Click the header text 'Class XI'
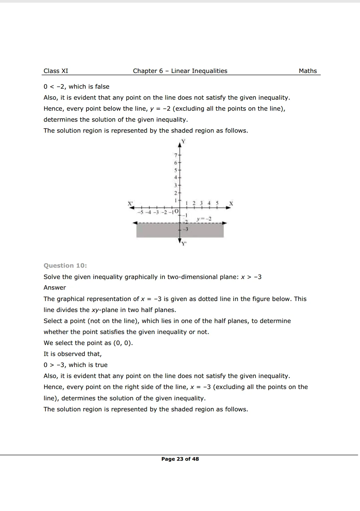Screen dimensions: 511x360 (x=56, y=71)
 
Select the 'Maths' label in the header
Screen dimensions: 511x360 (x=308, y=71)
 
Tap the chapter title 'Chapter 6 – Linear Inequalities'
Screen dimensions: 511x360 (x=180, y=71)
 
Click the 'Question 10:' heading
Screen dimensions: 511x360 (x=65, y=266)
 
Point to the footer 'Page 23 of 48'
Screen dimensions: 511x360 (x=180, y=459)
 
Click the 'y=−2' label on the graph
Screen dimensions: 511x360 (x=204, y=219)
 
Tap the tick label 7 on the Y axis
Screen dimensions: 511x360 (x=175, y=155)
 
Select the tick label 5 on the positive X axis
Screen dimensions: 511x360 (x=217, y=203)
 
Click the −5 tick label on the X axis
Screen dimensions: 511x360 (x=140, y=212)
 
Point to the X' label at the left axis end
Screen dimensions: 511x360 (x=130, y=203)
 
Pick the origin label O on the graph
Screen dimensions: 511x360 (x=177, y=212)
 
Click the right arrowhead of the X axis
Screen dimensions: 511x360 (x=229, y=208)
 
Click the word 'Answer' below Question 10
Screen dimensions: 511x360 (x=55, y=288)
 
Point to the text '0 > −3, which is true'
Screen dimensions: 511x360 (x=75, y=365)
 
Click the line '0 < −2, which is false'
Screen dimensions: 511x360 (x=76, y=87)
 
